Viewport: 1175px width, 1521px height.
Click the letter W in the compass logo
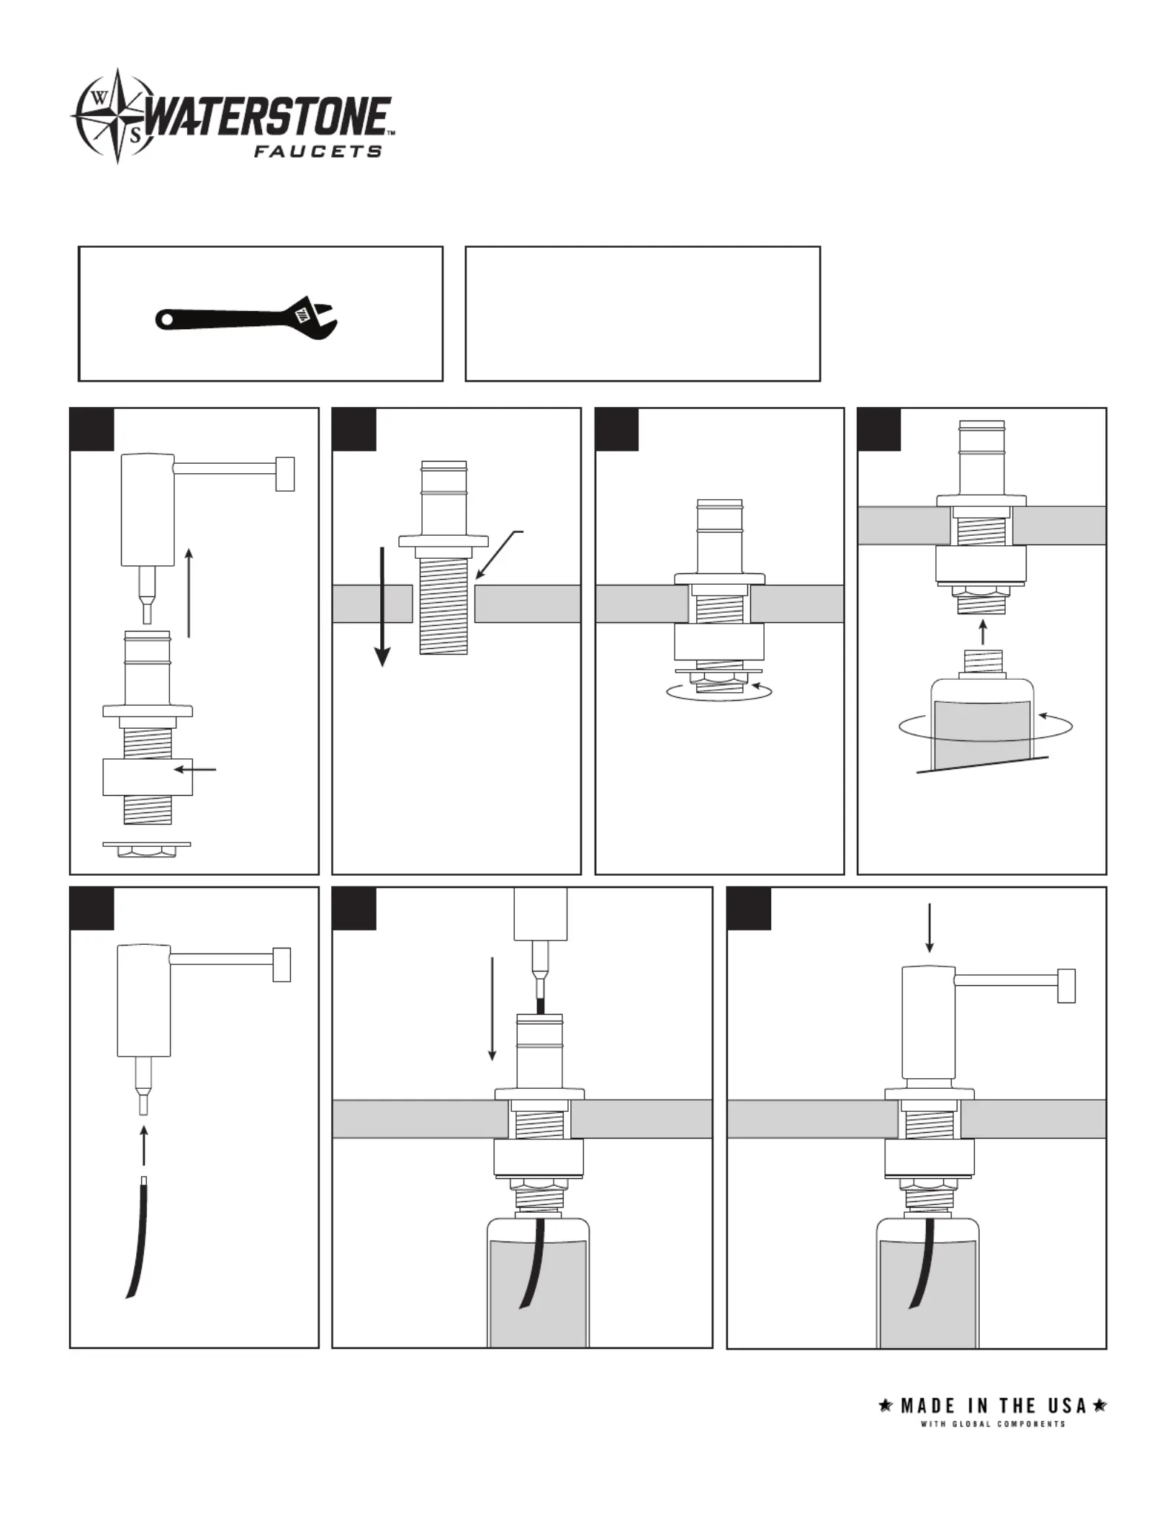(99, 100)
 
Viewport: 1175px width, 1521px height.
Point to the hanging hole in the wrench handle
(167, 318)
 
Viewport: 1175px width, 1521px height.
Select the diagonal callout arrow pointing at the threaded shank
(498, 555)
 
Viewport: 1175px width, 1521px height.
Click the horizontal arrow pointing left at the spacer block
(196, 769)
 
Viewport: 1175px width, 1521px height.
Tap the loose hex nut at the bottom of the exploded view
(147, 851)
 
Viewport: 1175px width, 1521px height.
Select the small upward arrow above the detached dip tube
(144, 1146)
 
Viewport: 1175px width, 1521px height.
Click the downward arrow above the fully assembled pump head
(929, 928)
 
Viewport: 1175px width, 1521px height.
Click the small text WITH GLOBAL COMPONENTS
(993, 1424)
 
